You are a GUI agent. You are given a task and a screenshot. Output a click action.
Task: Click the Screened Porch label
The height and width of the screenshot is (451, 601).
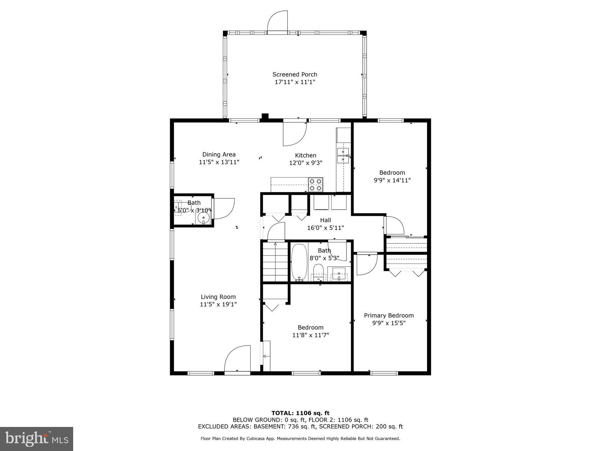tap(294, 74)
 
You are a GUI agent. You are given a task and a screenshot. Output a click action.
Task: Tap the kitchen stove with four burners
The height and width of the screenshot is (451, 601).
tap(316, 185)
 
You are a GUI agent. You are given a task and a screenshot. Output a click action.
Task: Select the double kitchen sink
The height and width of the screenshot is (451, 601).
tap(343, 156)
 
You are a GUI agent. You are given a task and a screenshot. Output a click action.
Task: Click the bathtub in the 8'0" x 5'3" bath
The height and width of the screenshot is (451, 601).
tap(299, 262)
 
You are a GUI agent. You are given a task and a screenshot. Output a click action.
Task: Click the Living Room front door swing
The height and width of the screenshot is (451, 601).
tap(237, 359)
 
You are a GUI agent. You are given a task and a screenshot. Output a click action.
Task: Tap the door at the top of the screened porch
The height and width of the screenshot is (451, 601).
tap(278, 22)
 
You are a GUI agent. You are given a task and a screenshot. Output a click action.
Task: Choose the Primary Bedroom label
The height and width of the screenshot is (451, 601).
tap(389, 316)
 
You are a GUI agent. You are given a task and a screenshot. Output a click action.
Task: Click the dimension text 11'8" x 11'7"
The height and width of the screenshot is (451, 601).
tap(310, 335)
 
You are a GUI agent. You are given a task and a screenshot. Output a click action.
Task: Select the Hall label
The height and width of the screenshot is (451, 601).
tap(325, 220)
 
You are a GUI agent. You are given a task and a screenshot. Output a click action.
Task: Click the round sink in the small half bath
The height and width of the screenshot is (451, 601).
tap(203, 219)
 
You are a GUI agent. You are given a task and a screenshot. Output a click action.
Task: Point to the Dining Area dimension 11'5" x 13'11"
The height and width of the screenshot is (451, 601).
tap(219, 162)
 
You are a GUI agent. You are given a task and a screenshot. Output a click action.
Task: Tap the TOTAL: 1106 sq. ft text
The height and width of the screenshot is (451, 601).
tap(300, 413)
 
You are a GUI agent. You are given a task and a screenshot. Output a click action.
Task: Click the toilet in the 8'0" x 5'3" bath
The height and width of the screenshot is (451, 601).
tap(318, 273)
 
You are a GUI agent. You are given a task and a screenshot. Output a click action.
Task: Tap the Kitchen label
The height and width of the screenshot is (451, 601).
tap(305, 155)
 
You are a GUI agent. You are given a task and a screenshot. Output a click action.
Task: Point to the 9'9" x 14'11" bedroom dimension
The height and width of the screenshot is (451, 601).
tap(392, 180)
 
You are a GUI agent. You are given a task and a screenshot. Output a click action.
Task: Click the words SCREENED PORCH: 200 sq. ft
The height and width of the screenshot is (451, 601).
tap(361, 427)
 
